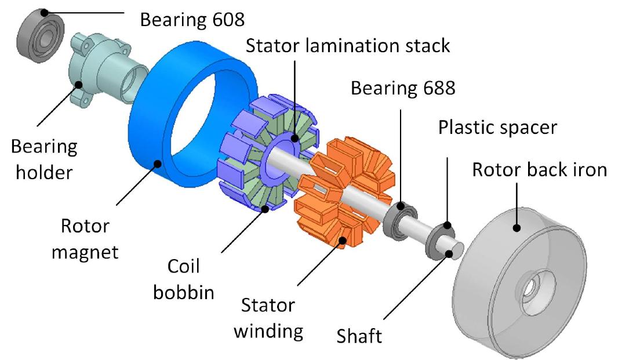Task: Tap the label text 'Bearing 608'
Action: pyautogui.click(x=192, y=19)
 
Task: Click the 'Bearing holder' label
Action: pyautogui.click(x=43, y=160)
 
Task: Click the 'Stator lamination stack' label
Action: pyautogui.click(x=348, y=46)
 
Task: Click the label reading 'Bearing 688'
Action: pyautogui.click(x=403, y=88)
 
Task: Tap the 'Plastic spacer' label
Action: pyautogui.click(x=497, y=127)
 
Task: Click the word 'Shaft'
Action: pyautogui.click(x=359, y=336)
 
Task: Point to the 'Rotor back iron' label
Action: pyautogui.click(x=539, y=170)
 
